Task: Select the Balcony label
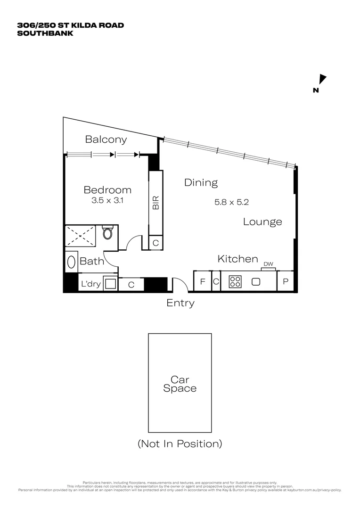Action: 106,140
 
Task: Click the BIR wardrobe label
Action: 155,203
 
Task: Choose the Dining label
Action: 201,182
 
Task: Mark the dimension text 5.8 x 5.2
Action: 231,202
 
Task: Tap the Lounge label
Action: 262,222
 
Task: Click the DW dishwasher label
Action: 268,264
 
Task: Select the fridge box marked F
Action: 203,282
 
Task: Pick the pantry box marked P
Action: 286,282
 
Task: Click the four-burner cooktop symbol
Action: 235,282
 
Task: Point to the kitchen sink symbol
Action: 256,282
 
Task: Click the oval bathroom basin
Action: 71,262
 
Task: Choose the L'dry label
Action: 90,285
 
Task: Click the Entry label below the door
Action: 180,304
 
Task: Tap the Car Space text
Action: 180,384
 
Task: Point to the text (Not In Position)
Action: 180,443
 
